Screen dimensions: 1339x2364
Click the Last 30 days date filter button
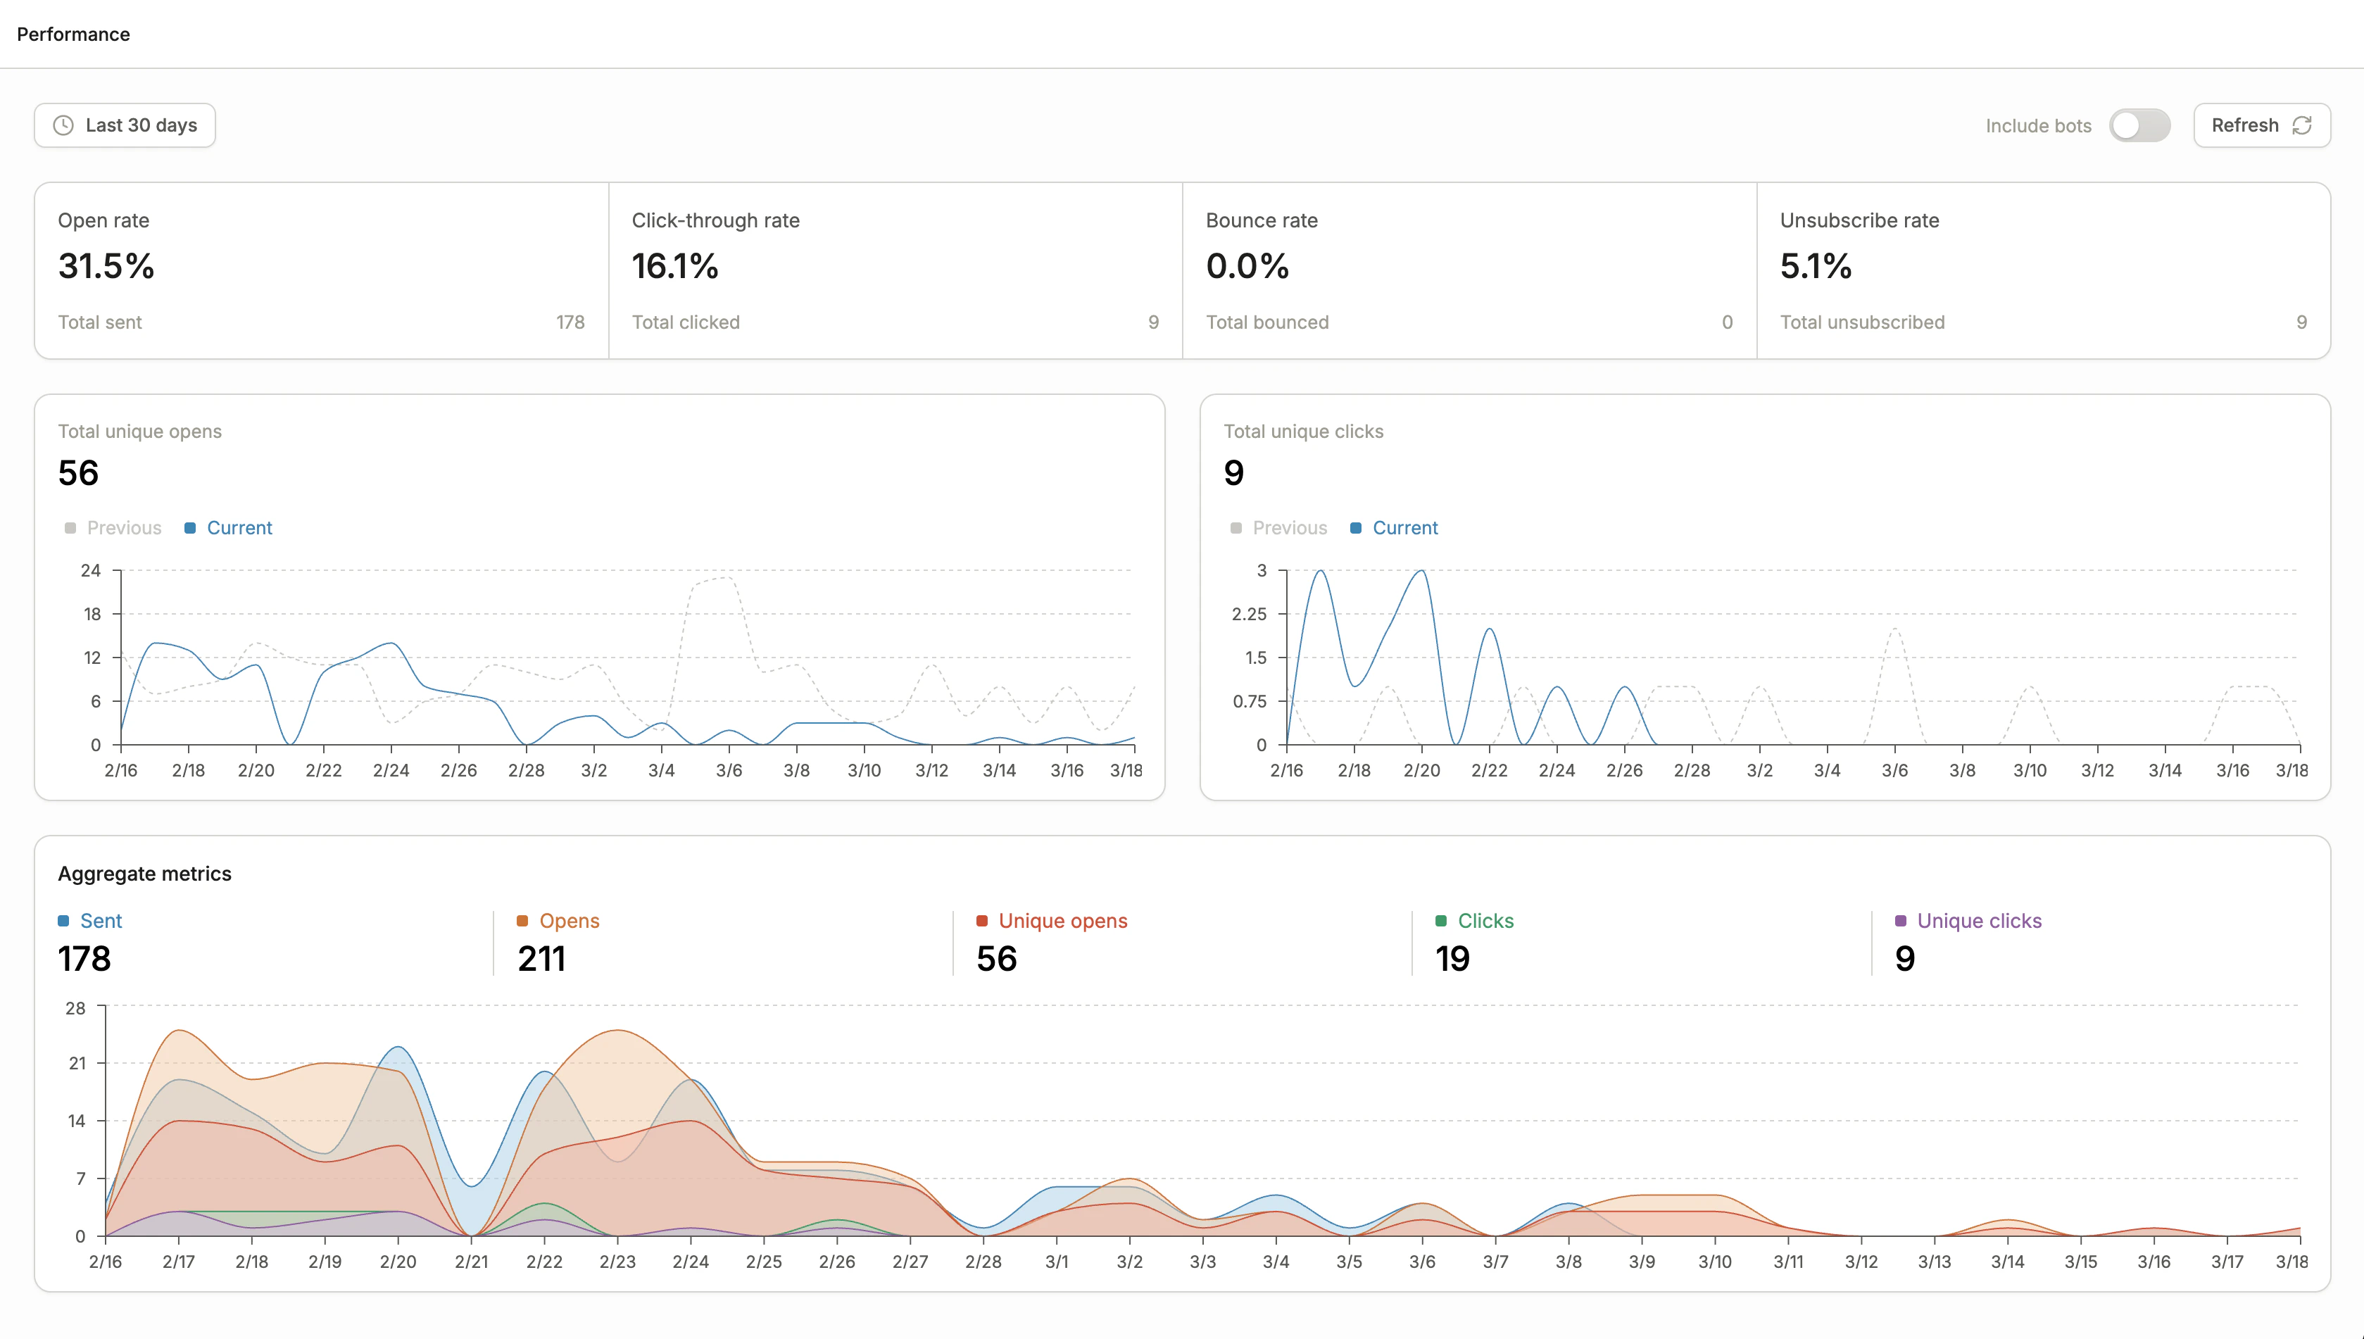[x=125, y=125]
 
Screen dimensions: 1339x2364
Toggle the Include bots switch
[x=2139, y=125]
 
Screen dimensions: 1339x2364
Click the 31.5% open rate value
[x=106, y=267]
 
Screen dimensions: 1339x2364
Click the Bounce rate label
[x=1261, y=221]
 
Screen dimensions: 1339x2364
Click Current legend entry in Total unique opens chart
[x=238, y=528]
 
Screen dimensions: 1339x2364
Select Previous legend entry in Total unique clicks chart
[x=1288, y=528]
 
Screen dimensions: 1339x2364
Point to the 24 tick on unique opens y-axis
[x=90, y=570]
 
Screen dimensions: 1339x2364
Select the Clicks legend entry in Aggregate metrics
[x=1484, y=921]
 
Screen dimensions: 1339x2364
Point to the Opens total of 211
[x=541, y=959]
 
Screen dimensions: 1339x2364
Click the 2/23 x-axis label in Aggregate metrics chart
[x=617, y=1262]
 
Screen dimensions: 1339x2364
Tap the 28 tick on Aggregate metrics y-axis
[x=75, y=1008]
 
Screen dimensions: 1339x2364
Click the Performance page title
[x=73, y=34]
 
